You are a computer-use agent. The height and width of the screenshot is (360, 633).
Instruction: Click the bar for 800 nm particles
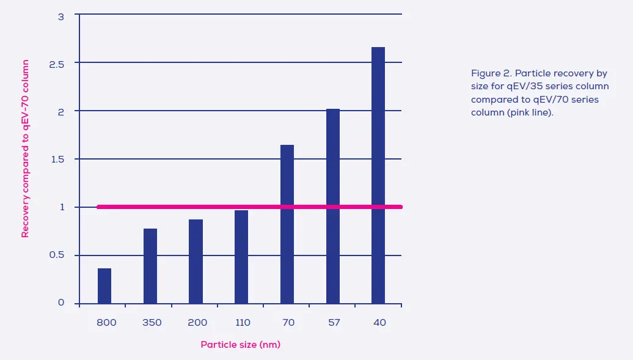(x=104, y=286)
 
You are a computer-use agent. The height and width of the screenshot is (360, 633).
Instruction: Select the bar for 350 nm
(x=150, y=266)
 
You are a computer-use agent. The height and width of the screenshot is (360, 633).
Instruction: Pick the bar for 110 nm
(x=241, y=257)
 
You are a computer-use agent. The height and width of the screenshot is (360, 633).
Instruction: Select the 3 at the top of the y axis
(x=61, y=17)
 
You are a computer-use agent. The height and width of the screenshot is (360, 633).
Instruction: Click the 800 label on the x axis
(x=106, y=323)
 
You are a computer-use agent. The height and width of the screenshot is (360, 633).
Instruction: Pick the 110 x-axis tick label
(x=243, y=323)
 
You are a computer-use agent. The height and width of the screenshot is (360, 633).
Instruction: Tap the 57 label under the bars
(x=334, y=323)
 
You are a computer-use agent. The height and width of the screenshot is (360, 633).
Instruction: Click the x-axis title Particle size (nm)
(x=240, y=345)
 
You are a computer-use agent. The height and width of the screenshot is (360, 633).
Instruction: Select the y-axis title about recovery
(x=26, y=149)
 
